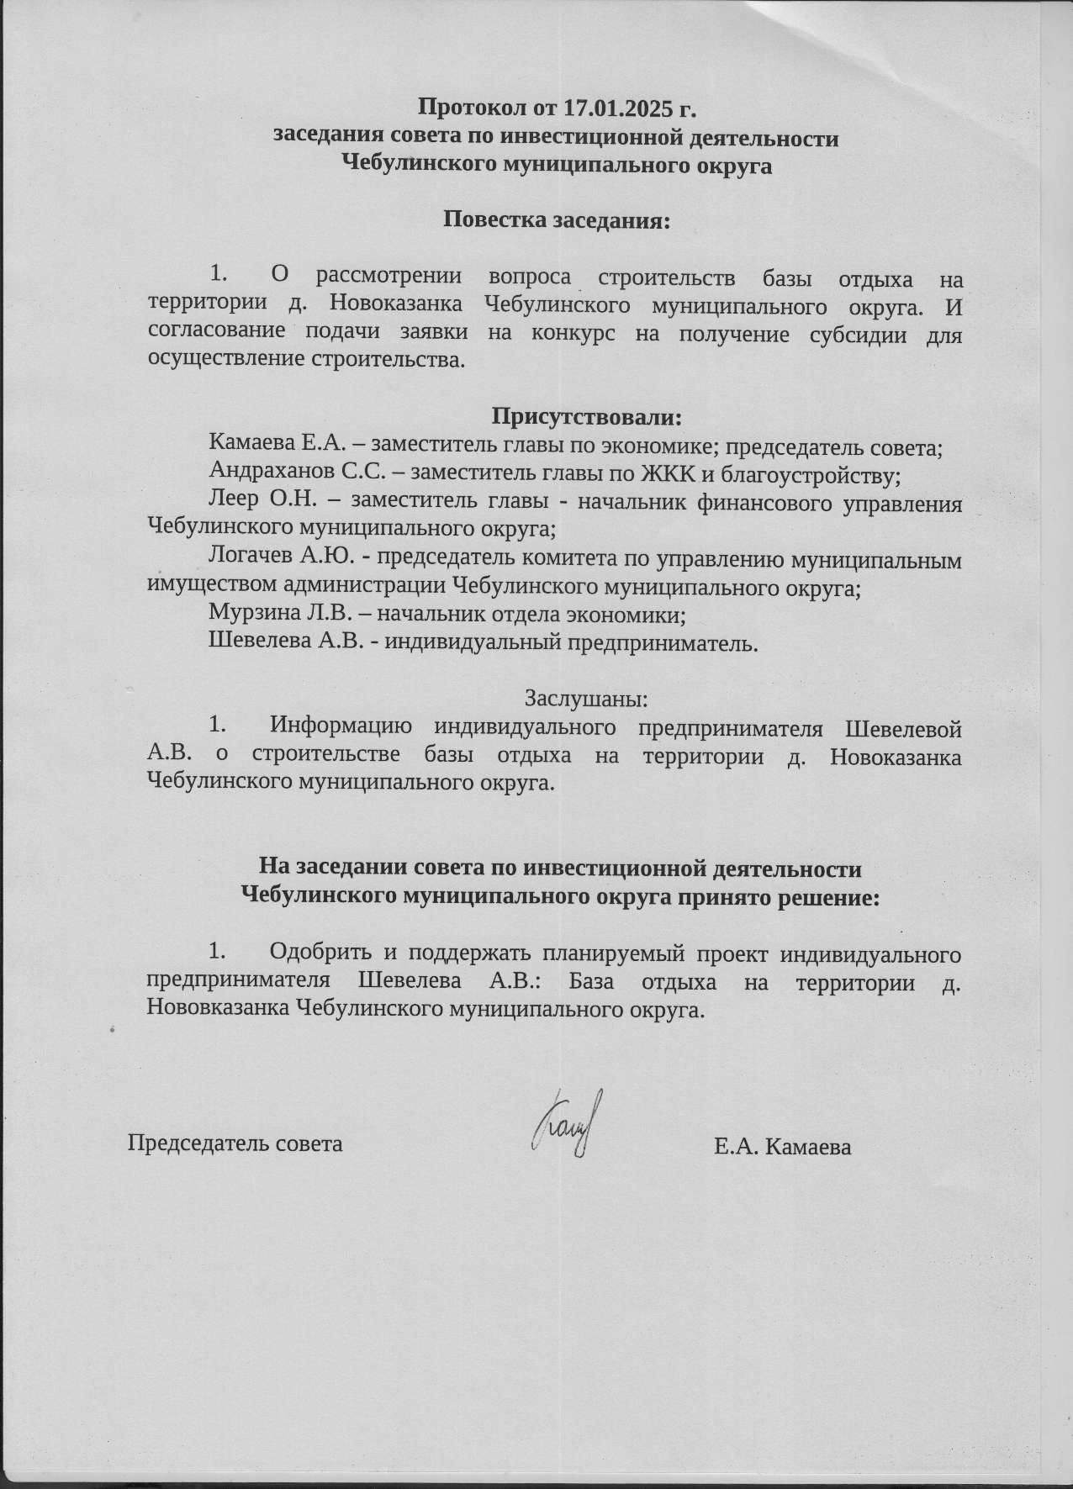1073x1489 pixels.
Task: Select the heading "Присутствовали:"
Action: pyautogui.click(x=586, y=417)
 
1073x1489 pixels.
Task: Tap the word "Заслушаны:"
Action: pyautogui.click(x=586, y=699)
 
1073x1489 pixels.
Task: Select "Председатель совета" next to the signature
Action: pyautogui.click(x=235, y=1143)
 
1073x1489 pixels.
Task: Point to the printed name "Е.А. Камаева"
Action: pyautogui.click(x=782, y=1147)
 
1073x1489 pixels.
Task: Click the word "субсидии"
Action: pyautogui.click(x=858, y=334)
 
